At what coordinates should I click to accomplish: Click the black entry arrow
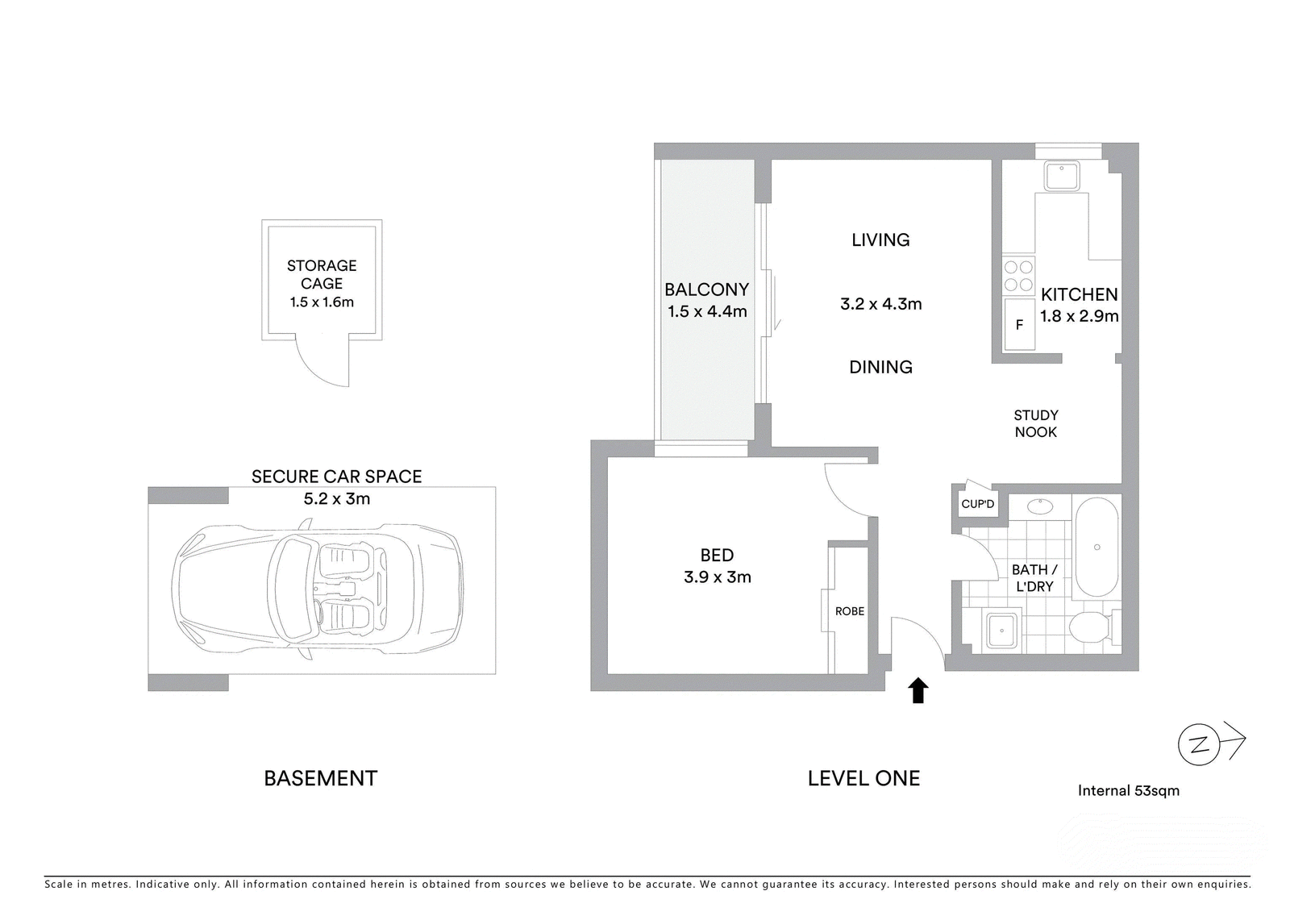(918, 690)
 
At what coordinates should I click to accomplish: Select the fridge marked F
(1019, 324)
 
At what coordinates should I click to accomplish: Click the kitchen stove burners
(1019, 276)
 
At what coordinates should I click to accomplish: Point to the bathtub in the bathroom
(1097, 548)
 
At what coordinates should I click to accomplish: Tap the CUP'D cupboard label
(978, 504)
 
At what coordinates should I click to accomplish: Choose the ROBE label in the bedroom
(850, 610)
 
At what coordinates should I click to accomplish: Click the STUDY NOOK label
(1036, 423)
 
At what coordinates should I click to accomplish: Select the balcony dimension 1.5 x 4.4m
(707, 312)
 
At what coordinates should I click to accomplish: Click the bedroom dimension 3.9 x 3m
(718, 577)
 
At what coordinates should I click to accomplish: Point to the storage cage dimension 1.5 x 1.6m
(322, 302)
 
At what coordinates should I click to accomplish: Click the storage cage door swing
(315, 369)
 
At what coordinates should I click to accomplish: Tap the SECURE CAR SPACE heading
(337, 477)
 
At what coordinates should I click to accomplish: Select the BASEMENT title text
(321, 778)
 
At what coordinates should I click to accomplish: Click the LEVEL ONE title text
(863, 778)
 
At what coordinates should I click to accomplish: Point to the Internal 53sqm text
(1129, 791)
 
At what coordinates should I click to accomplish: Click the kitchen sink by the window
(1063, 176)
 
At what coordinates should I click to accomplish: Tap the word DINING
(881, 367)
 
